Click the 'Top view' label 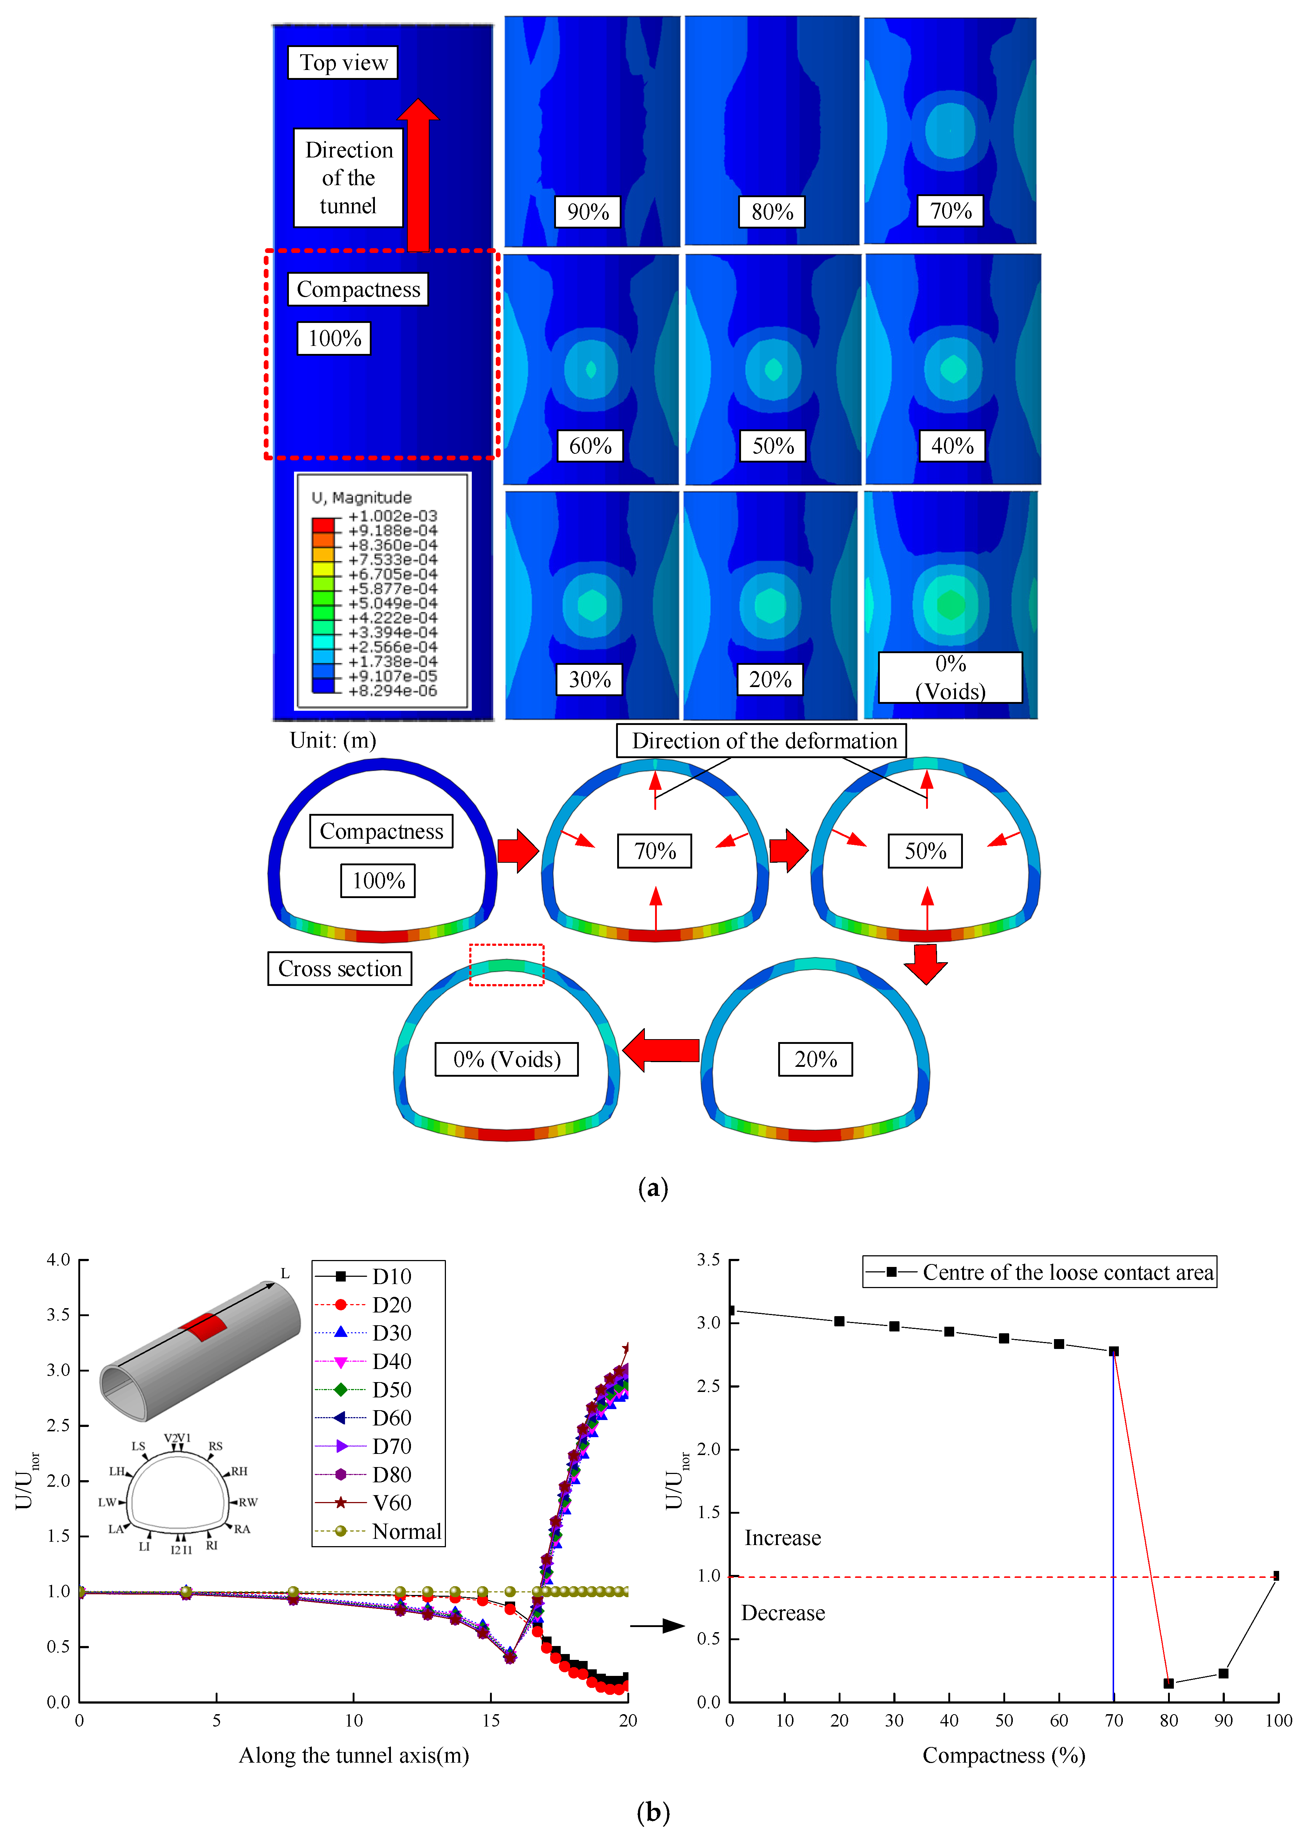pyautogui.click(x=343, y=63)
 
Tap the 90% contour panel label pyautogui.click(x=587, y=211)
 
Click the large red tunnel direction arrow pyautogui.click(x=418, y=173)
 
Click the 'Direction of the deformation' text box pyautogui.click(x=762, y=740)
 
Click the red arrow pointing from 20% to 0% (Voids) pyautogui.click(x=661, y=1050)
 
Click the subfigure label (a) pyautogui.click(x=652, y=1188)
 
